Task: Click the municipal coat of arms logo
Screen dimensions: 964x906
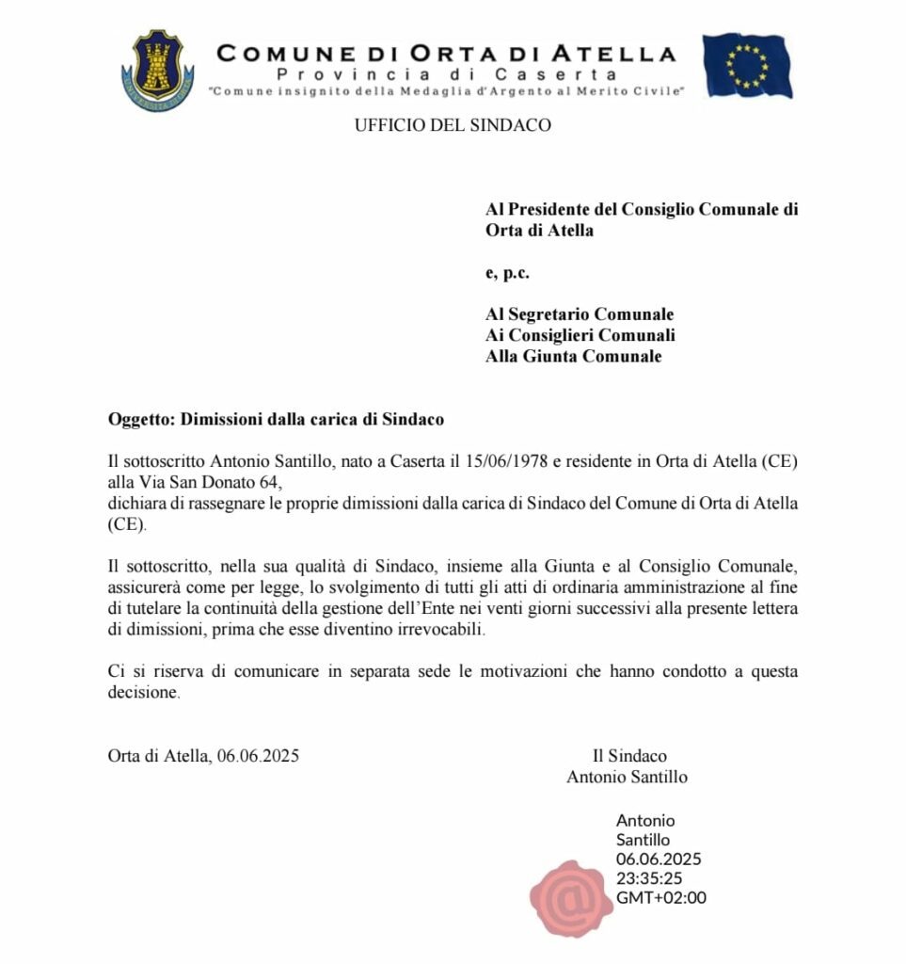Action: pyautogui.click(x=157, y=70)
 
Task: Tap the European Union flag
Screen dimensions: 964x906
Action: pyautogui.click(x=747, y=66)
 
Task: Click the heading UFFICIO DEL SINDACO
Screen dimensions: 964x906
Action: pyautogui.click(x=453, y=125)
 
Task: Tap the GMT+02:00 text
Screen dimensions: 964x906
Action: pyautogui.click(x=660, y=897)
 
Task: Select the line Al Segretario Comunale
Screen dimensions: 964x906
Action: pyautogui.click(x=580, y=314)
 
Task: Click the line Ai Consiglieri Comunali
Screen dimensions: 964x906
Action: pyautogui.click(x=580, y=335)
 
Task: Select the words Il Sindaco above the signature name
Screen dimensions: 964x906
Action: pyautogui.click(x=629, y=756)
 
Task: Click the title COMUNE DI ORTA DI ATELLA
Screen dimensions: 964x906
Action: pyautogui.click(x=446, y=54)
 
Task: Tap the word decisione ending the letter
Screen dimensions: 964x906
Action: pyautogui.click(x=142, y=693)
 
